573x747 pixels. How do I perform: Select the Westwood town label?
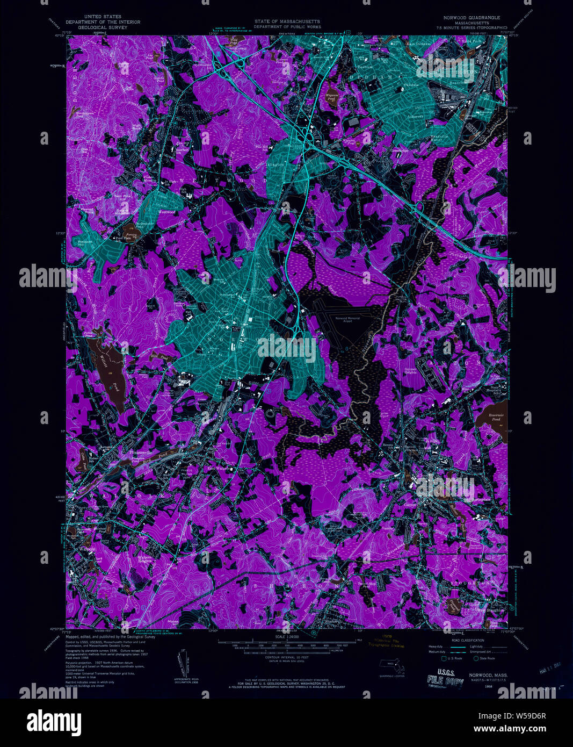click(166, 212)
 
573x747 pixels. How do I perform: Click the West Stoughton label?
click(490, 610)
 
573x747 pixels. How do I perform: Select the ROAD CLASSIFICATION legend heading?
click(468, 641)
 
